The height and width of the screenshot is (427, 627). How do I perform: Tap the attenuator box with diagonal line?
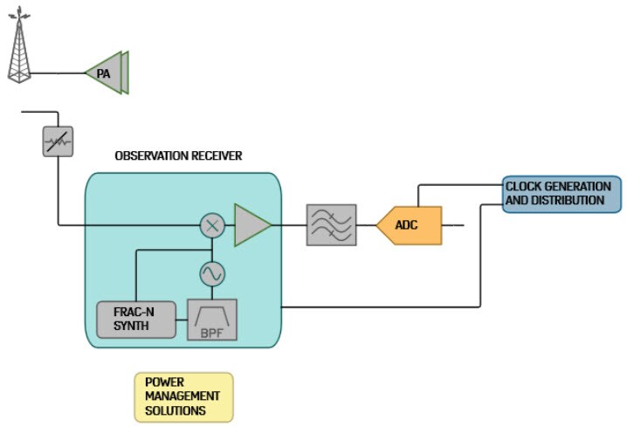coord(58,141)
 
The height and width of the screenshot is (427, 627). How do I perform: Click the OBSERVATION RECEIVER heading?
coord(178,156)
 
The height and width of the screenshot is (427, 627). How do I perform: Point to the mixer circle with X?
coord(212,225)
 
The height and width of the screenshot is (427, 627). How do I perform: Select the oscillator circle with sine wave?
coord(212,273)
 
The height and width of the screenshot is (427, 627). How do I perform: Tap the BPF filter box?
coord(212,320)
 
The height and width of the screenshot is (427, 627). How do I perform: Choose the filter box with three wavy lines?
coord(331,225)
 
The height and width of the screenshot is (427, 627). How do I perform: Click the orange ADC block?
coord(410,225)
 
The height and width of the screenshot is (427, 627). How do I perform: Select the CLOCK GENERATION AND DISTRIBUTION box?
coord(562,194)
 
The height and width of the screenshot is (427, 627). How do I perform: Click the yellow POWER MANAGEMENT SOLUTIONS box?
coord(183,396)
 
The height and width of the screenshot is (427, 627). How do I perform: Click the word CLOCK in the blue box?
coord(523,187)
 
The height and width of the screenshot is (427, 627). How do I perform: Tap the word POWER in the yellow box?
coord(164,382)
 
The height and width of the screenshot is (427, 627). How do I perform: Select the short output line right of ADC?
coord(453,225)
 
